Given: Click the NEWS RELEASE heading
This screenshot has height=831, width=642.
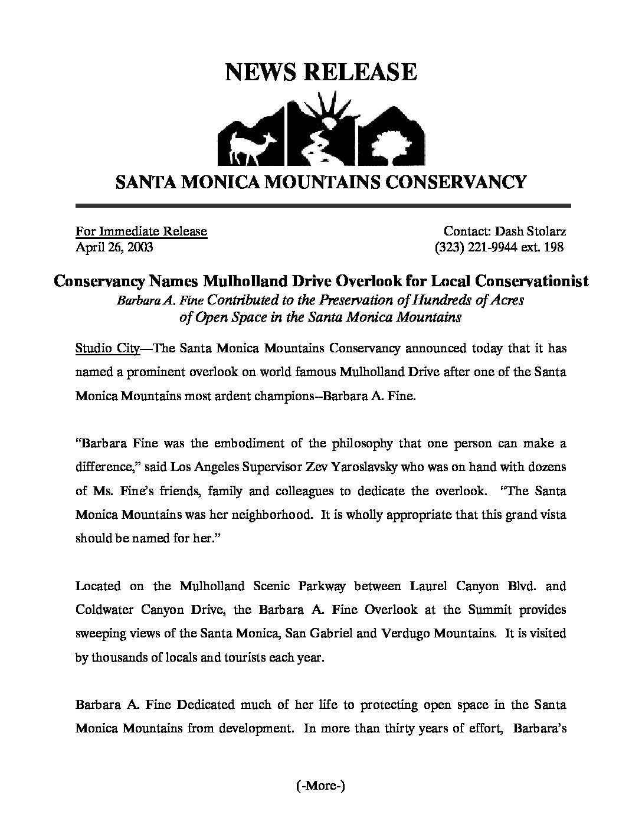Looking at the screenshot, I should point(321,72).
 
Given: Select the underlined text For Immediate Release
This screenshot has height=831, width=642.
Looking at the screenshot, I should point(141,231).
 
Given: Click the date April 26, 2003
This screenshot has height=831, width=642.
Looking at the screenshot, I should point(114,247).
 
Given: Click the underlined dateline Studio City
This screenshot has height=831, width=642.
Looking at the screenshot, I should point(107,348).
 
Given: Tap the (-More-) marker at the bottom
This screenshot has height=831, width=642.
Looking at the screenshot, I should point(319,785).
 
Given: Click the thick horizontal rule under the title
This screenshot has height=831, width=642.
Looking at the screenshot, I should point(323,206).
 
